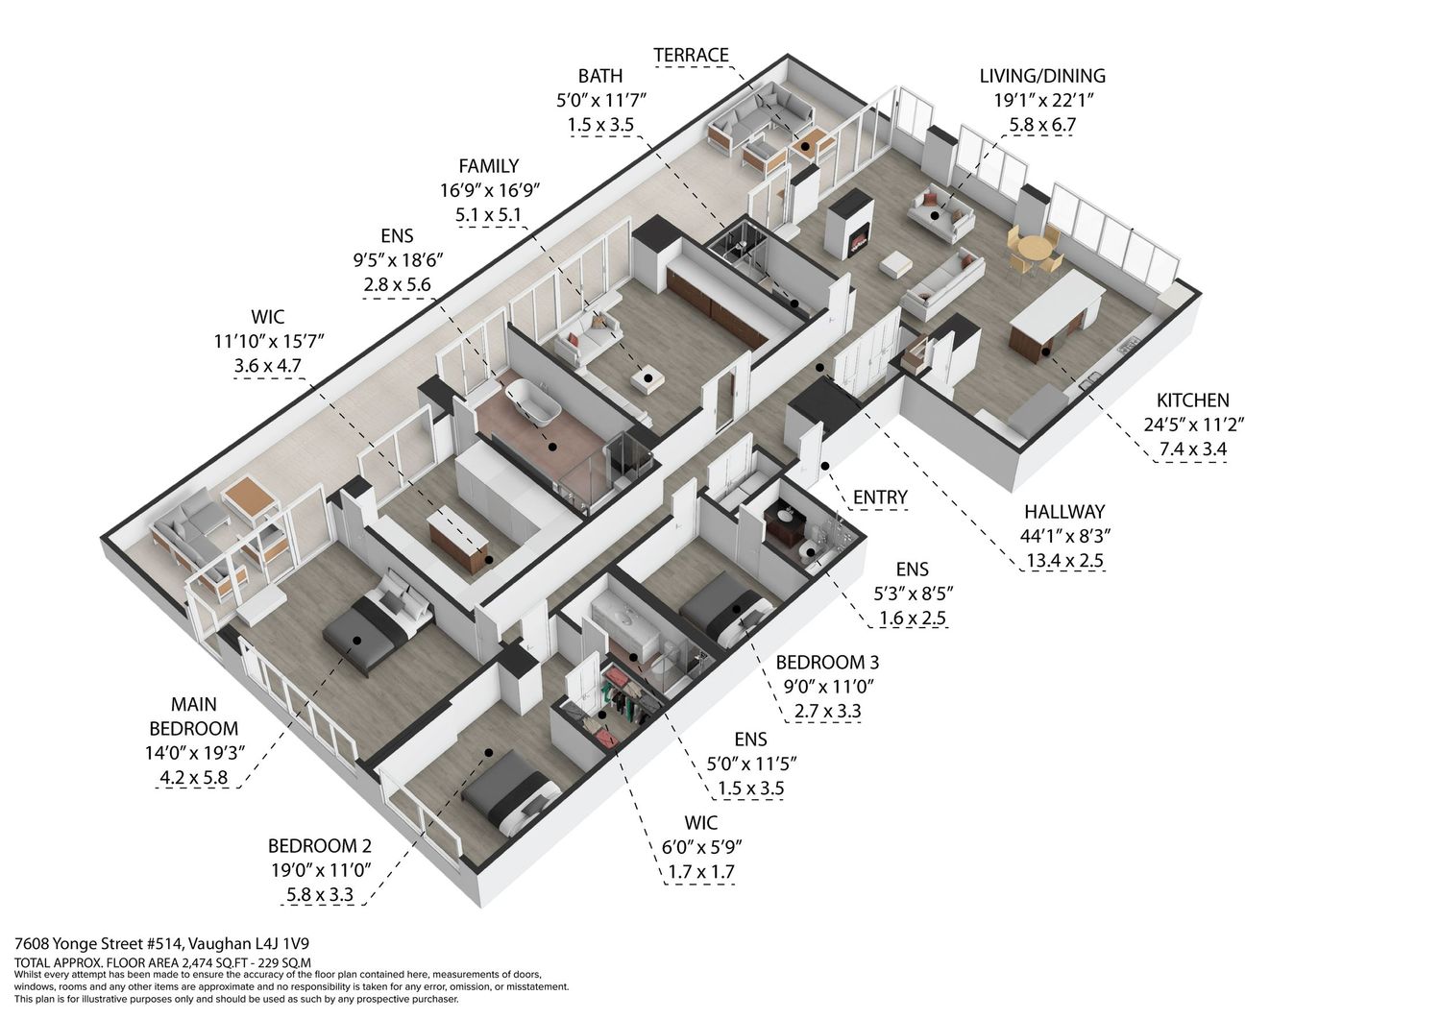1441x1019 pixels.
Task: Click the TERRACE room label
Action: point(692,56)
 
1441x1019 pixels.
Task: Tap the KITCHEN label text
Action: point(1193,400)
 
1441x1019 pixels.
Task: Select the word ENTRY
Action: point(880,497)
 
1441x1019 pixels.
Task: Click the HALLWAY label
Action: point(1064,512)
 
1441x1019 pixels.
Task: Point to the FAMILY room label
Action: point(488,166)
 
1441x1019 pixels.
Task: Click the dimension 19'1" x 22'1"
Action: point(1042,100)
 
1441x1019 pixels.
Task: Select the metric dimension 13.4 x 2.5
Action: point(1064,560)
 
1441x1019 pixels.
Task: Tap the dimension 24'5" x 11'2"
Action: point(1194,425)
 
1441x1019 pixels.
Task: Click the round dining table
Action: point(1035,249)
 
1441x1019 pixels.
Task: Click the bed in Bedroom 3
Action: point(726,617)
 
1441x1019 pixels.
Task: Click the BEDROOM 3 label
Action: point(827,662)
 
